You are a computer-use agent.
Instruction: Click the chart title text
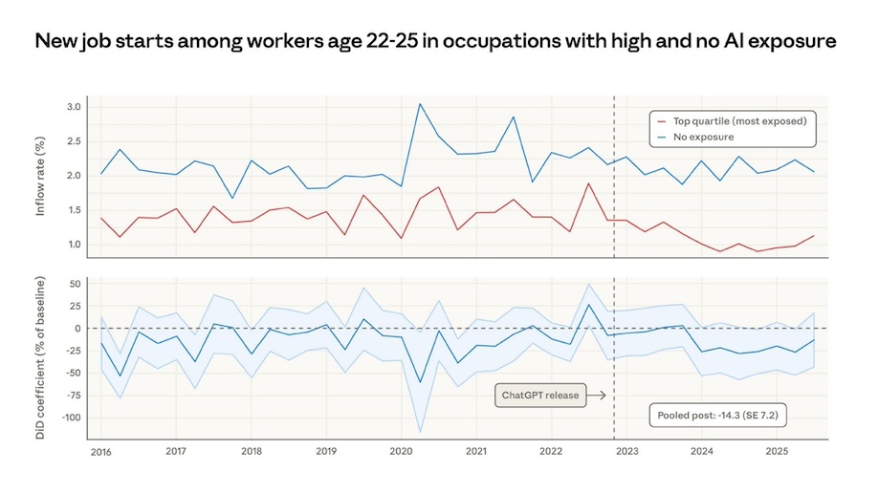pyautogui.click(x=436, y=42)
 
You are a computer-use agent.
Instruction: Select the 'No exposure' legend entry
pyautogui.click(x=704, y=138)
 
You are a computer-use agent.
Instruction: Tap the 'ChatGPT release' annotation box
pyautogui.click(x=540, y=395)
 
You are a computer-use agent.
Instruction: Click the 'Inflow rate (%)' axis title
pyautogui.click(x=40, y=177)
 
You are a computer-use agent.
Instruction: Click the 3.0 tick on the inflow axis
pyautogui.click(x=74, y=107)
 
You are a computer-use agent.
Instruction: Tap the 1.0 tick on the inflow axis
pyautogui.click(x=74, y=245)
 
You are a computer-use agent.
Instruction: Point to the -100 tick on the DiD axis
pyautogui.click(x=69, y=418)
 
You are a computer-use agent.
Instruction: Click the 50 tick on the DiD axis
pyautogui.click(x=74, y=284)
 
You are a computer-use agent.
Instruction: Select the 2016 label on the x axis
pyautogui.click(x=100, y=450)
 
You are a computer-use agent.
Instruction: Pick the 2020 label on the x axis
pyautogui.click(x=400, y=450)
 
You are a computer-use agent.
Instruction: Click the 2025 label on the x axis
pyautogui.click(x=777, y=450)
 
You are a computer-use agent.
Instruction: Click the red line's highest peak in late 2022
pyautogui.click(x=588, y=183)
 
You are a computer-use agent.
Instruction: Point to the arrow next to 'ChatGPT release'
pyautogui.click(x=595, y=395)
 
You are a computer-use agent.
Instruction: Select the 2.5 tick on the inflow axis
pyautogui.click(x=74, y=141)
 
